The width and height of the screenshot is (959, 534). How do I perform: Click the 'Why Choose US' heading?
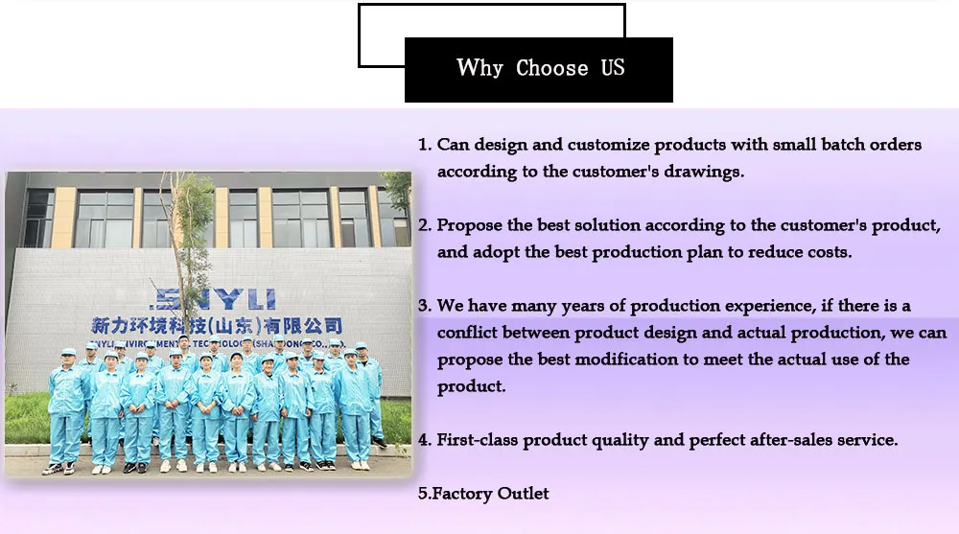click(540, 68)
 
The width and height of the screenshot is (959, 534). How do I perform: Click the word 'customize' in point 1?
click(607, 145)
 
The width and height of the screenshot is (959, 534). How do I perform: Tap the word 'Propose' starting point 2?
click(470, 226)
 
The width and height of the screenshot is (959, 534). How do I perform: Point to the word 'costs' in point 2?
click(829, 253)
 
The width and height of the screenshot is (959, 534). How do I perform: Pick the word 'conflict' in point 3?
click(467, 333)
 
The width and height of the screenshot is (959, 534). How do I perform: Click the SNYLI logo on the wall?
click(212, 298)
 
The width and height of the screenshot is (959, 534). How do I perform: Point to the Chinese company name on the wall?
click(214, 326)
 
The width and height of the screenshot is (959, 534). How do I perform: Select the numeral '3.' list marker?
click(425, 306)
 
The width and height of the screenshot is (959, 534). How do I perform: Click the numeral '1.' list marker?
click(425, 145)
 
